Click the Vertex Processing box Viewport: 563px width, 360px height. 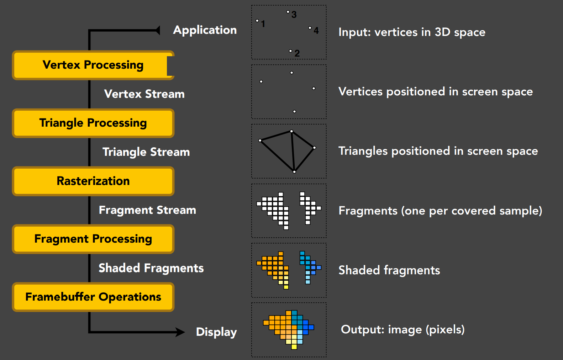coord(93,65)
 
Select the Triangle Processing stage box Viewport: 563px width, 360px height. coord(93,123)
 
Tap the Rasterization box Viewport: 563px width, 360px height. coord(93,181)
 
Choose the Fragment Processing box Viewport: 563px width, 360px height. coord(93,239)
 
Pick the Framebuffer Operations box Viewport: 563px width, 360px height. coord(93,297)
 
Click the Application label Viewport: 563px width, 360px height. coord(205,30)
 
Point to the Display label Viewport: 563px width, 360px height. coord(216,332)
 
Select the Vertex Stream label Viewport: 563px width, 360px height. coord(144,94)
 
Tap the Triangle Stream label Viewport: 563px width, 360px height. coord(146,152)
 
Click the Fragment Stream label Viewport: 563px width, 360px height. coord(147,210)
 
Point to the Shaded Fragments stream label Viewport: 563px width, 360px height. coord(151,268)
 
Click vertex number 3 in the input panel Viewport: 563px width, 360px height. coord(288,12)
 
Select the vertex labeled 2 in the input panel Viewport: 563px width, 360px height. coord(290,51)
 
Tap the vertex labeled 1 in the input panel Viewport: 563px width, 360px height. coord(257,21)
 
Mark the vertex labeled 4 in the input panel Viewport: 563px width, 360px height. coord(310,27)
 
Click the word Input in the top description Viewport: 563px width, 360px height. coord(354,32)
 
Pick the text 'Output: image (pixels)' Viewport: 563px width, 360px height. coord(402,330)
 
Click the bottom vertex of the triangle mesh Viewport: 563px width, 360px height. coord(294,172)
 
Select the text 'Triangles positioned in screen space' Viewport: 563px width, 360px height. coord(438,151)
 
